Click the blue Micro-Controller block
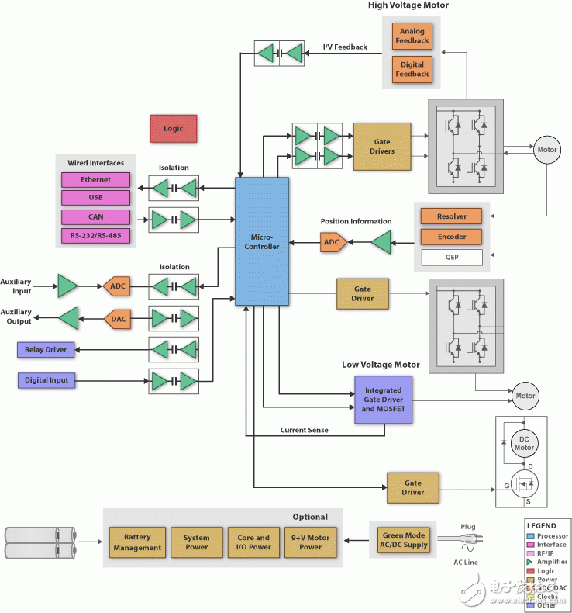(x=262, y=241)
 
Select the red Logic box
(x=173, y=128)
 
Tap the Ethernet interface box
(x=95, y=180)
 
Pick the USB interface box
(x=95, y=198)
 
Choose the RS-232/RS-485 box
(x=95, y=235)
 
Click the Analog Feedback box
(x=412, y=36)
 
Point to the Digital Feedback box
(x=412, y=69)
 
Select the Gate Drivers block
(x=382, y=147)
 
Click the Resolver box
(x=451, y=216)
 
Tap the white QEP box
(x=451, y=257)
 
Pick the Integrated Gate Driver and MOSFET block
(x=383, y=399)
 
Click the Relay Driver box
(x=47, y=350)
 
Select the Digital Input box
(x=47, y=380)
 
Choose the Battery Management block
(x=137, y=542)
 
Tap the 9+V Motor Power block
(x=309, y=542)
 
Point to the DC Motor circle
(x=525, y=443)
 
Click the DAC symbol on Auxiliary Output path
(x=117, y=318)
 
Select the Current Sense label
(x=304, y=430)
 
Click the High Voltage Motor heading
(x=408, y=6)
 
